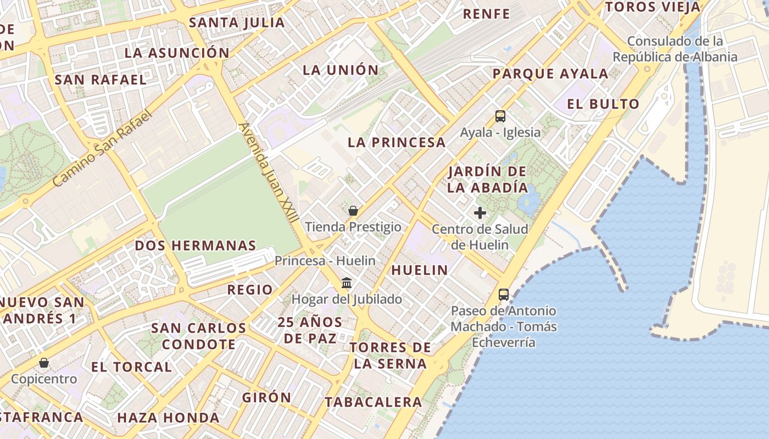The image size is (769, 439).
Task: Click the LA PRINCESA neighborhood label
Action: [396, 143]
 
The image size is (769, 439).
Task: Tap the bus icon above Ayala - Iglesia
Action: [500, 116]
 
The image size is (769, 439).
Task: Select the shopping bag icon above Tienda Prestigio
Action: [353, 211]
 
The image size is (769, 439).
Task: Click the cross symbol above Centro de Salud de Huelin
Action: [480, 213]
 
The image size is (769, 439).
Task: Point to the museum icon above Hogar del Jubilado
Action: [347, 283]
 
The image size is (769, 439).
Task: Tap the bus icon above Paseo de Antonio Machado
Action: [504, 295]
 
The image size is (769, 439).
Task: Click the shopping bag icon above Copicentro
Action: [44, 363]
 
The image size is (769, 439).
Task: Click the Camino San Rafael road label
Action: [102, 148]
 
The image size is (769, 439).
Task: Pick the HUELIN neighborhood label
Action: [420, 270]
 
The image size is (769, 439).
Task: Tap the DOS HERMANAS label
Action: [196, 245]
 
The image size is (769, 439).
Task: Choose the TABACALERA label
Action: [374, 402]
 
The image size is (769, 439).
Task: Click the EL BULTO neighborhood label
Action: [603, 104]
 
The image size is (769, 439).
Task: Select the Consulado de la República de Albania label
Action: [675, 49]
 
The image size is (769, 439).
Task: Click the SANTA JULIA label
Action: [237, 23]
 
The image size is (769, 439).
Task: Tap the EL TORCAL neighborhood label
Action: [131, 367]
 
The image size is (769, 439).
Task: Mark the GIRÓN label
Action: [266, 397]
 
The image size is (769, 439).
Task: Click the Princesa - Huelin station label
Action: [325, 261]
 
